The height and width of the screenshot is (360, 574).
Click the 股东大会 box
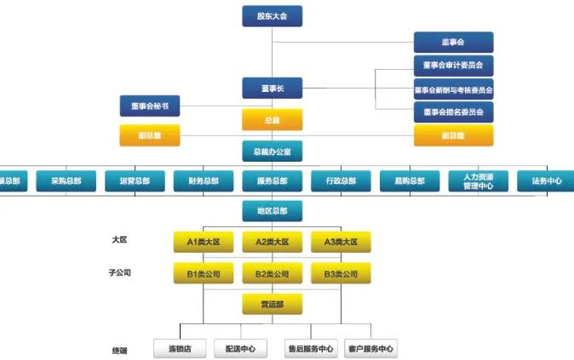(272, 16)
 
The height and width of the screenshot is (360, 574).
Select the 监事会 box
(453, 42)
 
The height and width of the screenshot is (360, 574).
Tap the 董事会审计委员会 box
(453, 65)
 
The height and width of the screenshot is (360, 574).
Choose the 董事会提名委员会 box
(453, 111)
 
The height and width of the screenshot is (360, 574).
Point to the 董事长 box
(272, 89)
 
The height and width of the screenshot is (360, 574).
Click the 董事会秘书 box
(150, 106)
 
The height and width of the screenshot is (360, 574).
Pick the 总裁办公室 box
(272, 151)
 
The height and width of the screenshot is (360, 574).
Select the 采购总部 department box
(66, 181)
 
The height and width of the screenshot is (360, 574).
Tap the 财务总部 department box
(204, 181)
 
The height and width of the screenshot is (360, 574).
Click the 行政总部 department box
(341, 181)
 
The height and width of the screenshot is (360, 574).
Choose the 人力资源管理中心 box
(479, 181)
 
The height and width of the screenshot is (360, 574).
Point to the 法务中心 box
(546, 181)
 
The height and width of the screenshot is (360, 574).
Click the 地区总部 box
(272, 211)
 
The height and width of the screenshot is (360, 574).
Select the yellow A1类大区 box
(204, 243)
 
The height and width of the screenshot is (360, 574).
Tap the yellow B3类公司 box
(341, 274)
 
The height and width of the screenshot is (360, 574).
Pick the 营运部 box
(272, 304)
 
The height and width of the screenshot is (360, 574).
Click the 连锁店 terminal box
(179, 348)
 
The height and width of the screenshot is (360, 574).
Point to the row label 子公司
(120, 273)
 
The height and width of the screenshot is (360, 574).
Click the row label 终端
(119, 350)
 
